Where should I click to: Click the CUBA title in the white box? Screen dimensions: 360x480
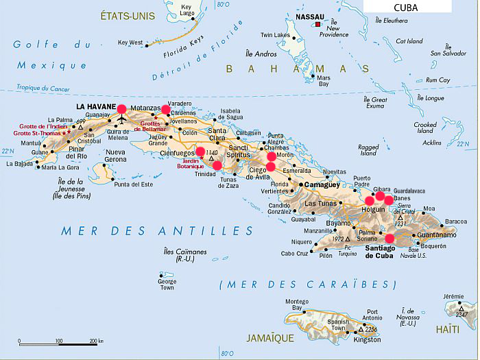coord(408,7)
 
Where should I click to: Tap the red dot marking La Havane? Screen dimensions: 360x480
coord(122,108)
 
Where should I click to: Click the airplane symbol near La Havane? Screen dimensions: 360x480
coord(122,120)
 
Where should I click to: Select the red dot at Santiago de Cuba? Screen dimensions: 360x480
coord(390,239)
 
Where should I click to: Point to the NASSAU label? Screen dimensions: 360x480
coord(309,16)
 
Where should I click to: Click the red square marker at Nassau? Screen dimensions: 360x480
coord(317,25)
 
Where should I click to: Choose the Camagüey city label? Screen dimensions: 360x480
coord(322,185)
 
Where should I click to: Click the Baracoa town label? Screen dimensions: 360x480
coord(456,221)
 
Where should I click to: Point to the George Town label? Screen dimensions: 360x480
coord(167,285)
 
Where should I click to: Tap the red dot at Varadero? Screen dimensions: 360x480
coord(165,109)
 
